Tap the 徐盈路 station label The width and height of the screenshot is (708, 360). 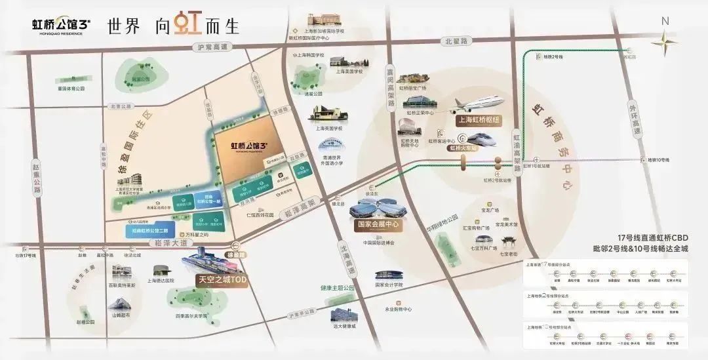235,253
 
